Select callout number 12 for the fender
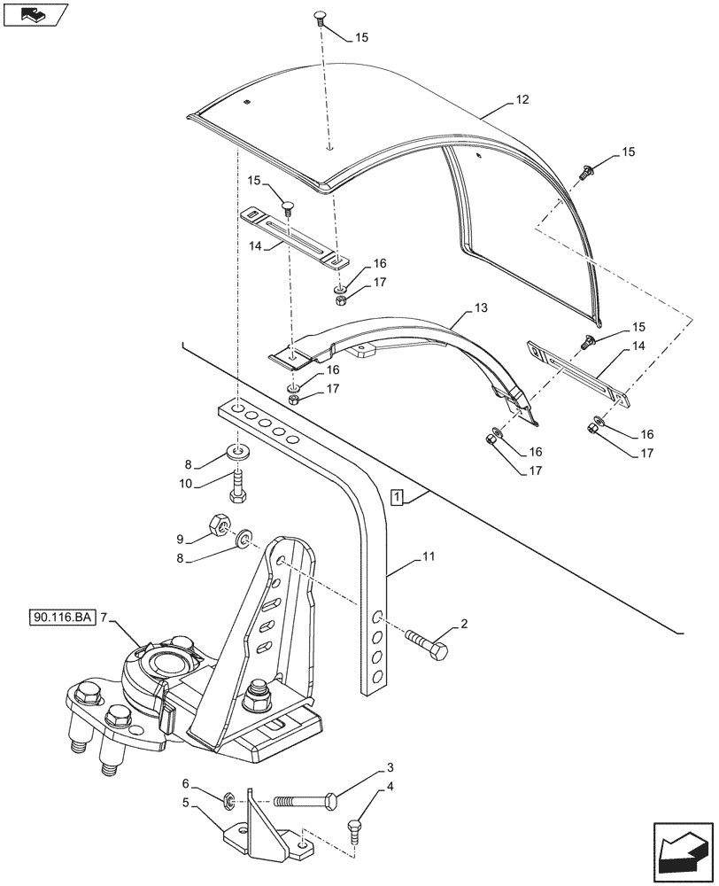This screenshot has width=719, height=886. (522, 100)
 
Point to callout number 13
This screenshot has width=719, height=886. (481, 308)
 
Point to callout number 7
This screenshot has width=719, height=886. (104, 617)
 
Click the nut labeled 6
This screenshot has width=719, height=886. (228, 804)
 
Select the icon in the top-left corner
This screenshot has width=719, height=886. (35, 15)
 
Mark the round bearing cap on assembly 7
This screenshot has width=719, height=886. (168, 664)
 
